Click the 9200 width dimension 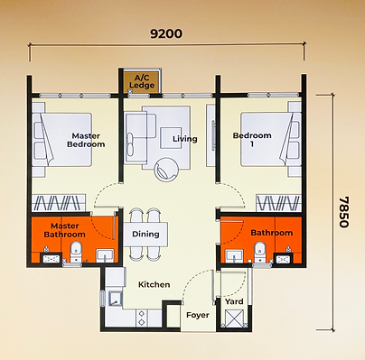click(166, 33)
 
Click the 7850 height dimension click(343, 212)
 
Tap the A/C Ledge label click(142, 81)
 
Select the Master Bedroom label click(86, 140)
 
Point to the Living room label click(185, 139)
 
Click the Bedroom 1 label click(252, 140)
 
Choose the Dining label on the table click(145, 234)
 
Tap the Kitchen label click(154, 284)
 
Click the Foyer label click(198, 315)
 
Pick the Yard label click(234, 301)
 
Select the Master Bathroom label click(65, 230)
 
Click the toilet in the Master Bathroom click(76, 253)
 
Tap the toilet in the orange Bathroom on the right click(259, 252)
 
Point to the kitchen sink click(114, 299)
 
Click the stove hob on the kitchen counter click(141, 318)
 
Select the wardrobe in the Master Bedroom click(59, 203)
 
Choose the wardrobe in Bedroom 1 click(278, 203)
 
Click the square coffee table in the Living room click(171, 138)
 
